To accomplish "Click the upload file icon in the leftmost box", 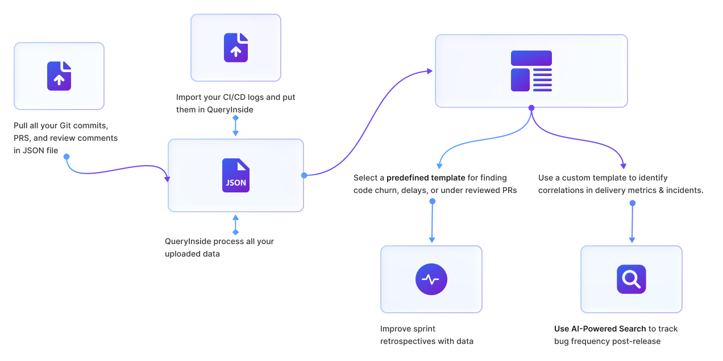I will (59, 76).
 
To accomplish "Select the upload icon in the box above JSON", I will (236, 48).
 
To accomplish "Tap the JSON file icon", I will (236, 175).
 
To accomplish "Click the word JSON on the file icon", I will (236, 183).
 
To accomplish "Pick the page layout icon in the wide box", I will (531, 71).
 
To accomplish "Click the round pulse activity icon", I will (431, 279).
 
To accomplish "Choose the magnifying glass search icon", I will (631, 279).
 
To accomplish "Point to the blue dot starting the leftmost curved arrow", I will (67, 157).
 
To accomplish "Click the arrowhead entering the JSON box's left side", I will (167, 179).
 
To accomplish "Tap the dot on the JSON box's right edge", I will (304, 175).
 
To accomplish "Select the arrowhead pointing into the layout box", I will (430, 71).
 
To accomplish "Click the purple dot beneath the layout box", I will (531, 108).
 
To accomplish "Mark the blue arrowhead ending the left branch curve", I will (439, 166).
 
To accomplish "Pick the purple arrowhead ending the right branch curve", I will (624, 166).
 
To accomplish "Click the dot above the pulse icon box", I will (432, 202).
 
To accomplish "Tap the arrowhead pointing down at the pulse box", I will (432, 240).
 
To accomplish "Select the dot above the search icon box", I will (632, 203).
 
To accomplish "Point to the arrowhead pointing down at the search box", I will (632, 240).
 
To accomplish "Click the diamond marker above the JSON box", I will (235, 117).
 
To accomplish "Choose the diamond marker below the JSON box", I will (235, 232).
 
